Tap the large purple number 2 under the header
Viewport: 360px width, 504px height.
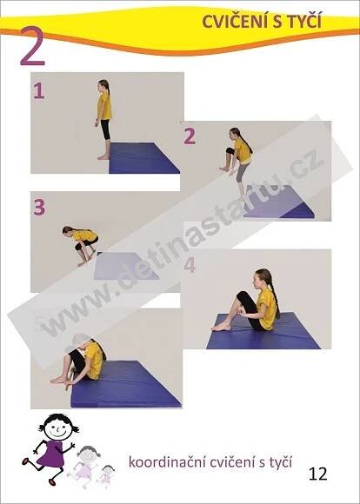click(x=32, y=46)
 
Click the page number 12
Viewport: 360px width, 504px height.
click(x=317, y=473)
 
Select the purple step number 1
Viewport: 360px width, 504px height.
click(x=38, y=91)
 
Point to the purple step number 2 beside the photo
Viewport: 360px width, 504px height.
click(x=190, y=136)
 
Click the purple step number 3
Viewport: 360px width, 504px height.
click(x=39, y=208)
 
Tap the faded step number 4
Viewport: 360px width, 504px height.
click(x=190, y=265)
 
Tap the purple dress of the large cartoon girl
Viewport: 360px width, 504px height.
click(x=50, y=454)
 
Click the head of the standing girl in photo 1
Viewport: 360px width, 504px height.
click(x=103, y=85)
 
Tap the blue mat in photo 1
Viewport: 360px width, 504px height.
click(x=143, y=158)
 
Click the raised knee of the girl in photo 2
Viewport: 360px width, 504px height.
click(x=230, y=151)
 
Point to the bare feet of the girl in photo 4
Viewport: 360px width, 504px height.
click(x=222, y=327)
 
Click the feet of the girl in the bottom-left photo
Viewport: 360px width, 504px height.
click(x=61, y=381)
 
